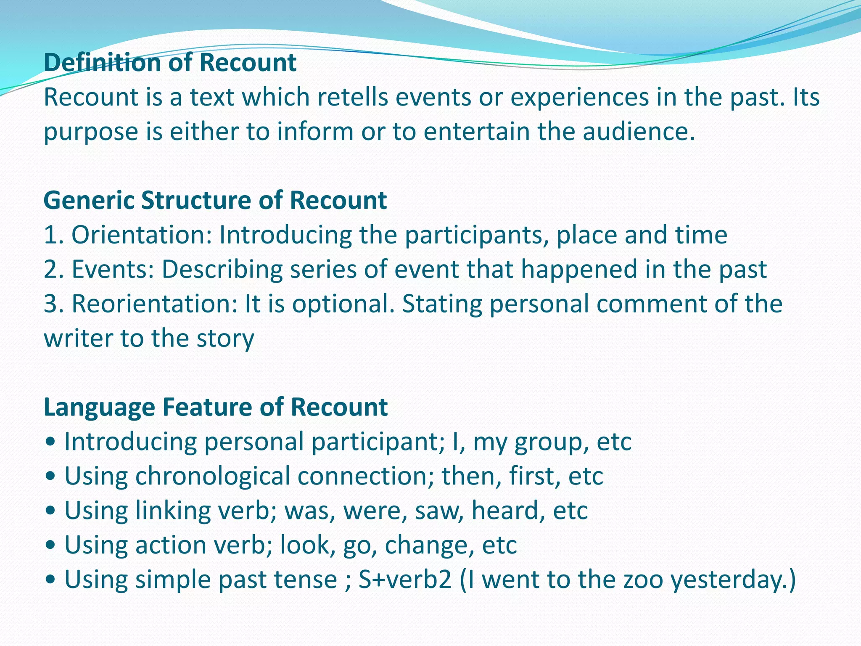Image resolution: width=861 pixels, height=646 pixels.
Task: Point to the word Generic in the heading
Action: point(89,201)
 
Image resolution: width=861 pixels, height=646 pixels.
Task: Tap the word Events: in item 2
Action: point(113,270)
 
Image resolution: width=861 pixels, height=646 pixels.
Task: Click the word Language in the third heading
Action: point(99,408)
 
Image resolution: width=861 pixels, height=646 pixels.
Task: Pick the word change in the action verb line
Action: point(426,545)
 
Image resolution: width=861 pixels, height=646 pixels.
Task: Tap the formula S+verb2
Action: point(405,580)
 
